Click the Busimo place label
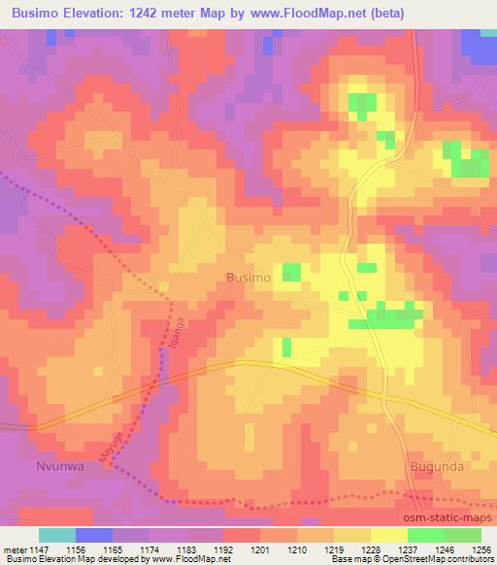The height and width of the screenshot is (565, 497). (x=248, y=278)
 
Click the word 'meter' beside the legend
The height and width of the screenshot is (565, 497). (x=14, y=549)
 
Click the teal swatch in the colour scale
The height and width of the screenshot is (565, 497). (x=57, y=535)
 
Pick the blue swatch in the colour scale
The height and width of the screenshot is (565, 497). (x=94, y=535)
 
